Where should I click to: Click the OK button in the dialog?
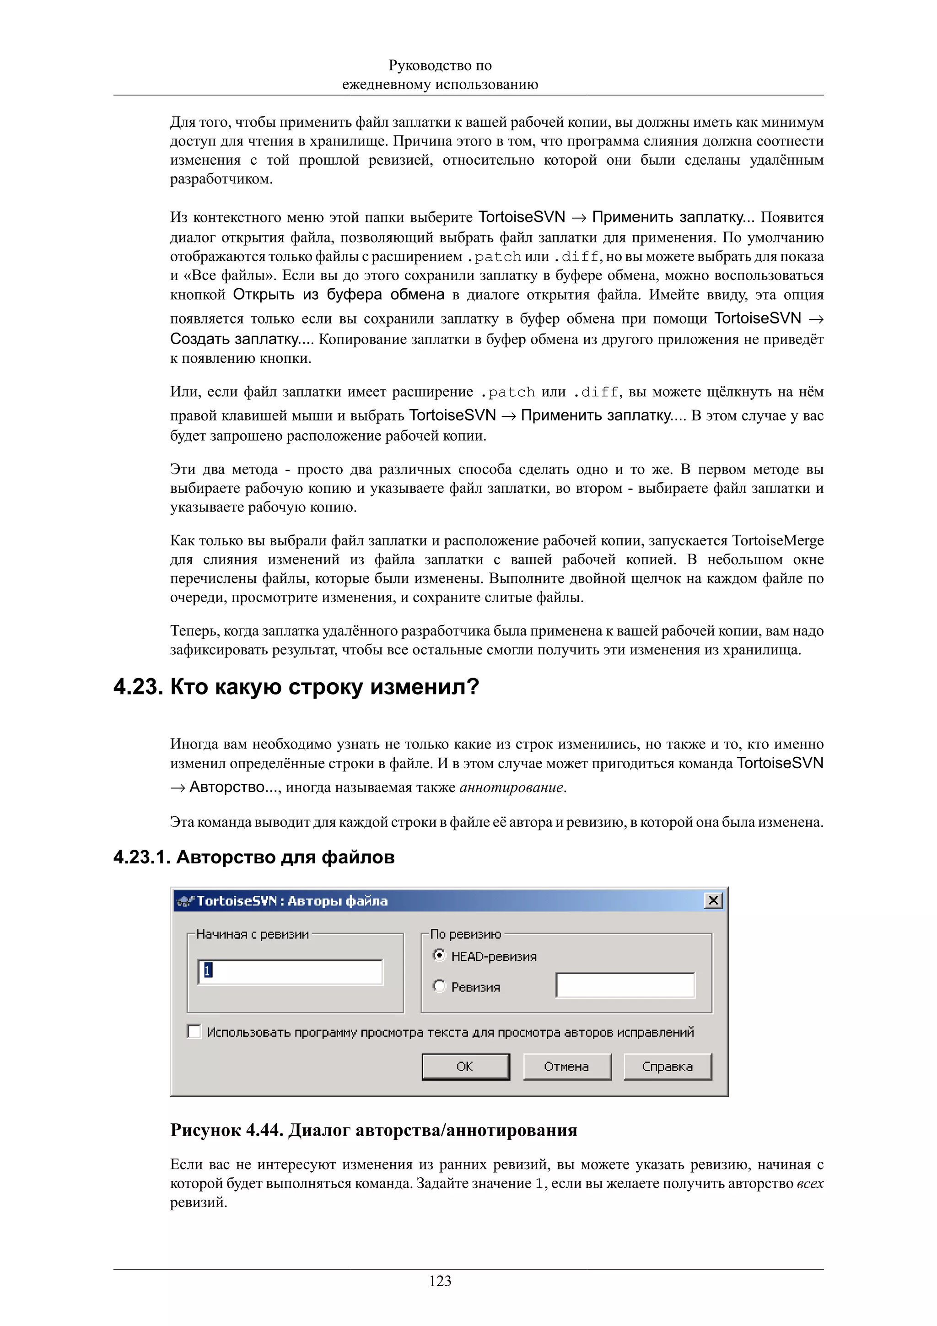(x=465, y=1066)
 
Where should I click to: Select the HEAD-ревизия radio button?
(x=439, y=956)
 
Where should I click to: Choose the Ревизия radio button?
(x=439, y=986)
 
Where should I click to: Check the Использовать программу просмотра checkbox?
(x=194, y=1031)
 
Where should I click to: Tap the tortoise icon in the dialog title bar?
(x=185, y=901)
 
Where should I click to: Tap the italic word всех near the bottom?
(x=809, y=1183)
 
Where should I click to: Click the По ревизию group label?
(x=465, y=934)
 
